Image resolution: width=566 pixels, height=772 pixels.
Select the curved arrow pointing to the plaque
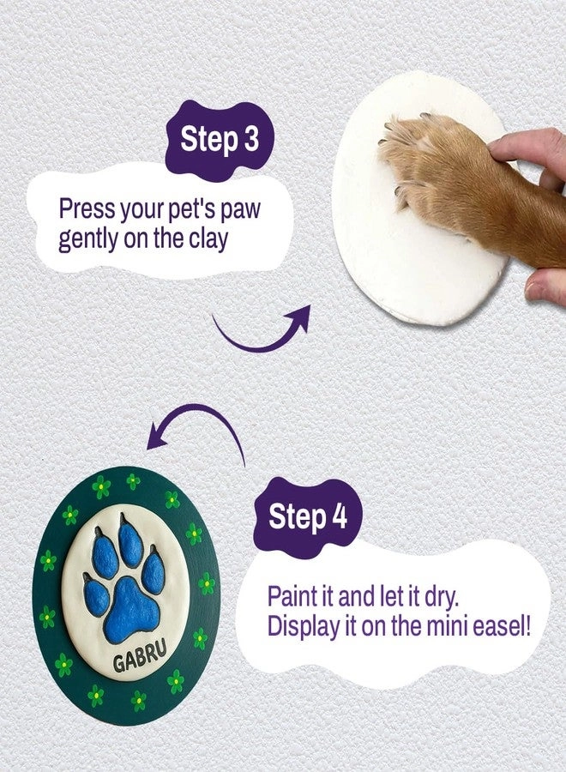193,427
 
